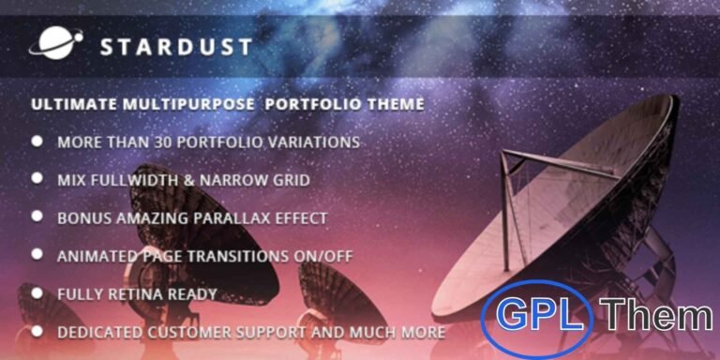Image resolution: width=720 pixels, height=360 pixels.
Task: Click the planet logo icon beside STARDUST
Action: pos(55,43)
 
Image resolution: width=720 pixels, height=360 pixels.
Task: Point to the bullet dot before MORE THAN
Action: pos(37,141)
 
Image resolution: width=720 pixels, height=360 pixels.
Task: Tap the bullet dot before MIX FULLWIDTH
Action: pos(37,177)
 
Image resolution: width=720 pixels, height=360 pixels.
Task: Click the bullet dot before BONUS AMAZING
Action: pos(37,216)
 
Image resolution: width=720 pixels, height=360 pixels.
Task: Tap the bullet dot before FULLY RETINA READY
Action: pos(37,292)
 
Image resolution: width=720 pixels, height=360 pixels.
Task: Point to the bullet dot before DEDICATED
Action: pos(37,331)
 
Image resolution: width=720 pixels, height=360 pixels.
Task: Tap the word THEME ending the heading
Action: pos(393,104)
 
